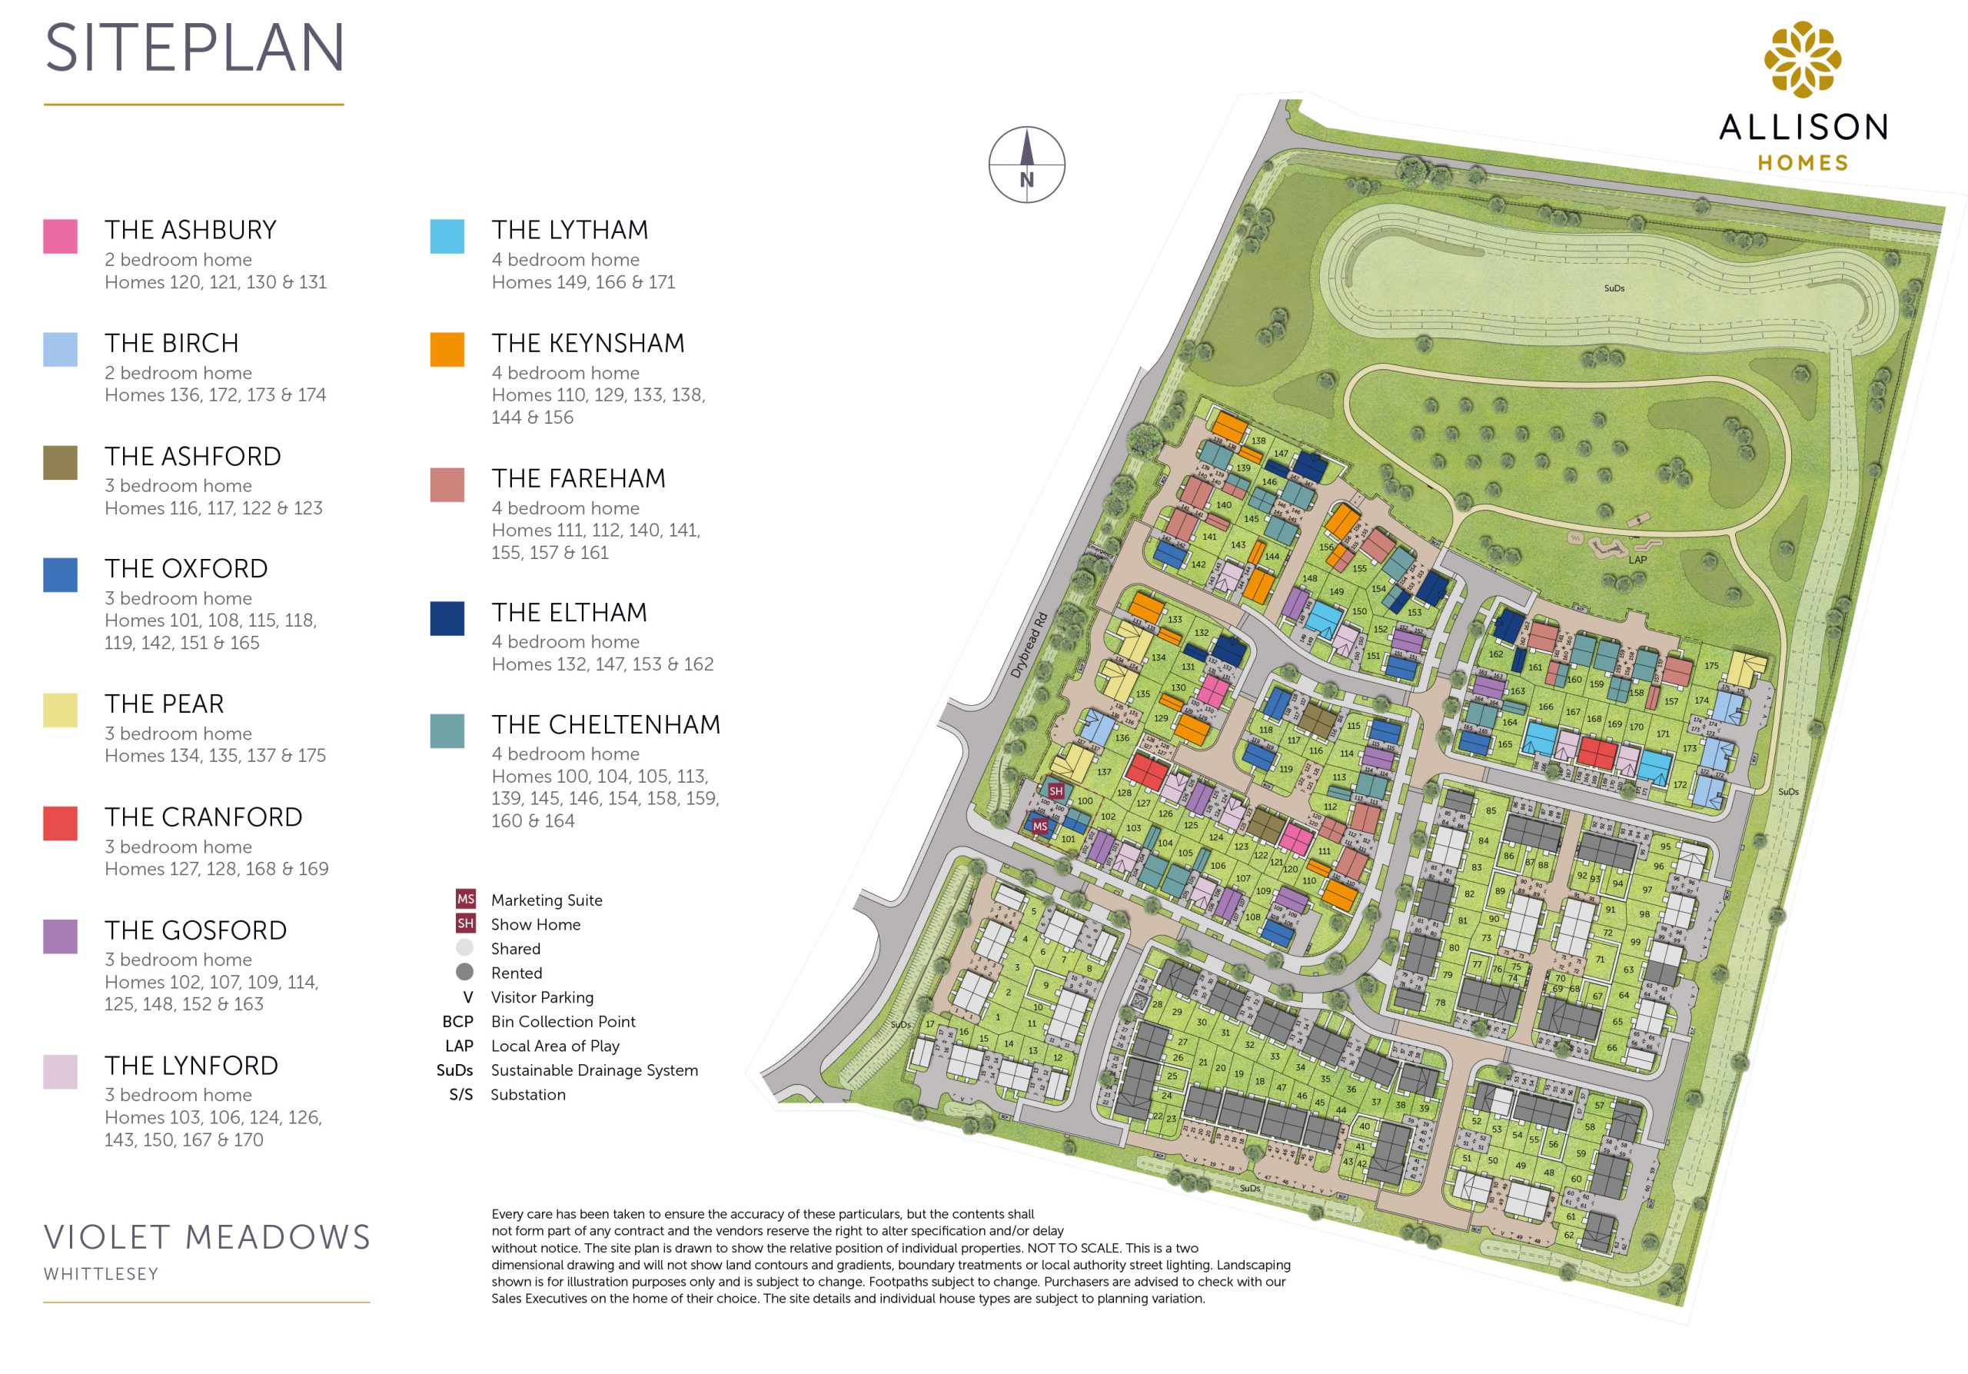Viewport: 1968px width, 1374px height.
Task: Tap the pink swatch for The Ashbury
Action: coord(60,236)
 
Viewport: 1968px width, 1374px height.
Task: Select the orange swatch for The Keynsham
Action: coord(447,349)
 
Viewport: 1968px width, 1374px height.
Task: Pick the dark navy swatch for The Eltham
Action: coord(447,618)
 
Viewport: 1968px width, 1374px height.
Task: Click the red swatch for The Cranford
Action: coord(60,823)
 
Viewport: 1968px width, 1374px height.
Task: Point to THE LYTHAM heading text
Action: coord(569,230)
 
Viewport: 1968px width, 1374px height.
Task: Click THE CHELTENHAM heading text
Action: coord(605,724)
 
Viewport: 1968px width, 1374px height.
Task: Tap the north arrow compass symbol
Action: coord(1027,165)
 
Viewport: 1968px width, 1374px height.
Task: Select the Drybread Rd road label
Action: coord(1029,644)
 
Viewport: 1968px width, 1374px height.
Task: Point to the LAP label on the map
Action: coord(1637,560)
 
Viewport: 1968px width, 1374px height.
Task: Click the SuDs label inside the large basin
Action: coord(1614,288)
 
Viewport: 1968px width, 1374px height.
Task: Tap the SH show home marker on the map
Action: coord(1056,791)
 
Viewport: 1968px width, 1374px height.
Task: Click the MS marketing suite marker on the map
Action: coord(1039,827)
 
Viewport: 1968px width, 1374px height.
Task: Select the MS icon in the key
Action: coord(464,899)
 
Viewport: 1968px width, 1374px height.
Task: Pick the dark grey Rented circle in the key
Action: coord(464,972)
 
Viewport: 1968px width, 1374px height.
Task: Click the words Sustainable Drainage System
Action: coord(594,1070)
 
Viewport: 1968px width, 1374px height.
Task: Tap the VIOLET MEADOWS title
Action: coord(207,1237)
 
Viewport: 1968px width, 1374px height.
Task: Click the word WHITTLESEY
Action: coord(101,1274)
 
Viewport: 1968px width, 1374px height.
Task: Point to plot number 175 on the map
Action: coord(1711,665)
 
